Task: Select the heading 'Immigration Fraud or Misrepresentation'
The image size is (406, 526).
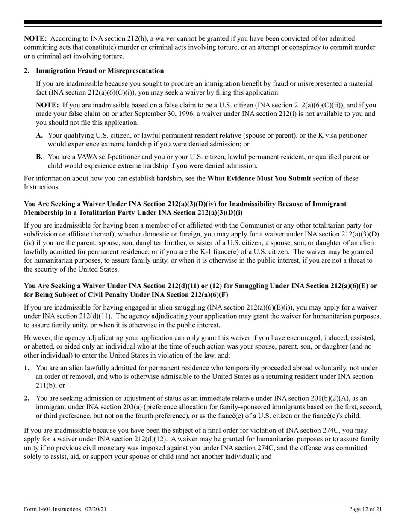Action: (100, 71)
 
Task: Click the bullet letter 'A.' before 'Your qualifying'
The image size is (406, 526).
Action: (39, 136)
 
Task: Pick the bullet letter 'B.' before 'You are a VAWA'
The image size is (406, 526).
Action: (39, 157)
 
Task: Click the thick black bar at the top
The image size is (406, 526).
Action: (203, 22)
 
